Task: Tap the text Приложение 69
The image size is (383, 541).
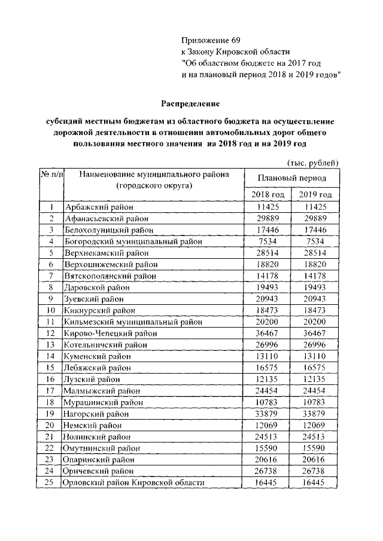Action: [211, 41]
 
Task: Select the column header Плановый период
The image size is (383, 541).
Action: [292, 178]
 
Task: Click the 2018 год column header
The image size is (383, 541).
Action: [268, 195]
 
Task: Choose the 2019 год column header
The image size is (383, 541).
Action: [315, 195]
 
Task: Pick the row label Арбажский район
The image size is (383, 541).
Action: [95, 207]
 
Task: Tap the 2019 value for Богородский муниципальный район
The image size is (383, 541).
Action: [315, 242]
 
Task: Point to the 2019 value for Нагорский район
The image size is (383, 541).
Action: [315, 412]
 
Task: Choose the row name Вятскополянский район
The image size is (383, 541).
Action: [110, 276]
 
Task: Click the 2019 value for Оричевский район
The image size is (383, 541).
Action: [315, 470]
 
